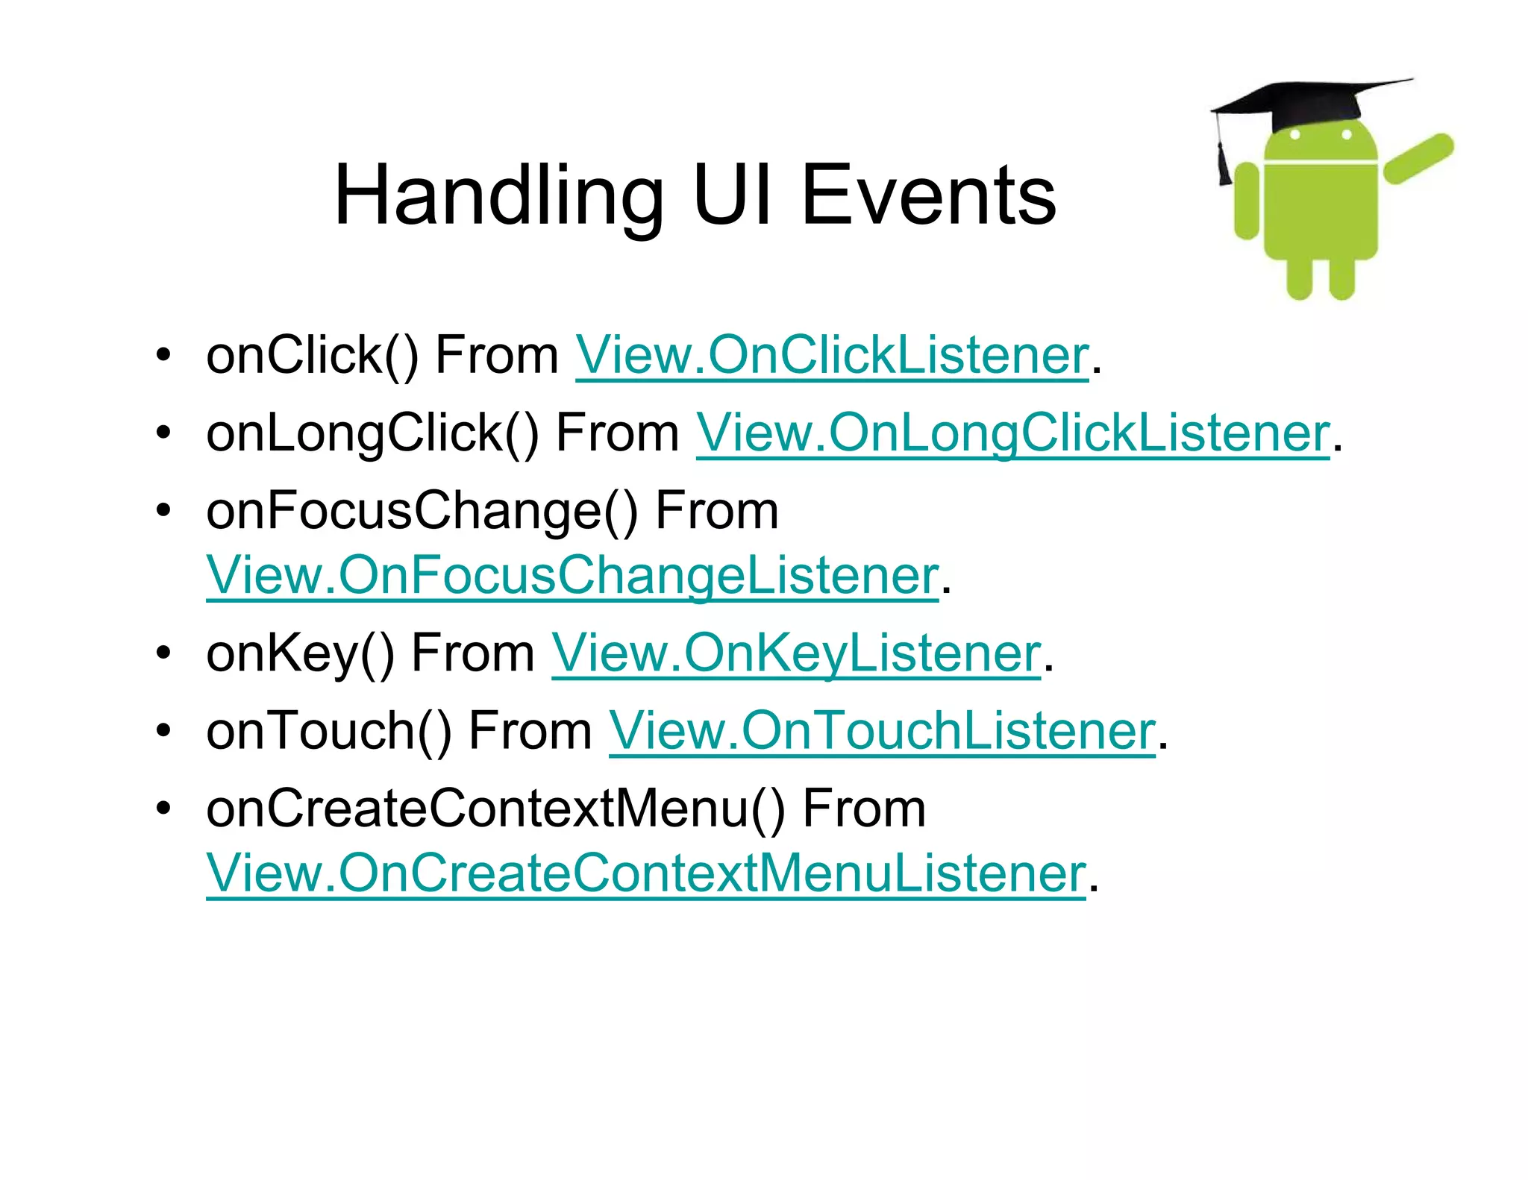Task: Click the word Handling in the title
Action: pos(498,195)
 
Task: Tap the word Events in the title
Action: pos(928,195)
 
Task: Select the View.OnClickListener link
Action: pos(832,355)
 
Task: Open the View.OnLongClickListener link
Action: pos(1012,433)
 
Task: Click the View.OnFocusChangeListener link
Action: pos(572,576)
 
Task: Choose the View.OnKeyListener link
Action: pos(795,653)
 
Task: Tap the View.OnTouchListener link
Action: pos(882,731)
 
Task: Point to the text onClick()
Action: pos(312,355)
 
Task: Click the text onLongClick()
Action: pos(372,433)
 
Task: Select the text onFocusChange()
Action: pos(422,512)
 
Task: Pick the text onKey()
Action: pos(300,653)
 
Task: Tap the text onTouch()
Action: pos(329,731)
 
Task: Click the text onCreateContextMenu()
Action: pos(496,809)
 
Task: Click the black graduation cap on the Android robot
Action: pos(1306,101)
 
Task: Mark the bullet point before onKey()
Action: pos(163,654)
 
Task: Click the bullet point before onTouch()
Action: pos(163,732)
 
